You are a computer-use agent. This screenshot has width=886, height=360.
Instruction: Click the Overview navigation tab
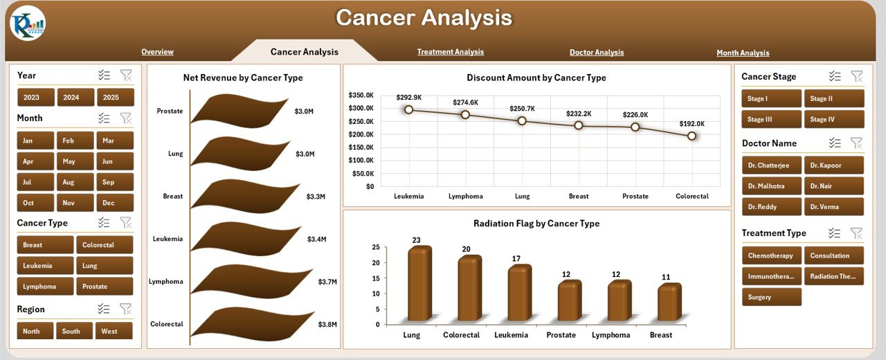157,52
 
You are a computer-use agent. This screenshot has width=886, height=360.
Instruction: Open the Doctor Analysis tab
596,53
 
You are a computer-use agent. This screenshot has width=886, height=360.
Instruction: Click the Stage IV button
833,119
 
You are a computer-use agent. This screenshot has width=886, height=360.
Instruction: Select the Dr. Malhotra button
771,186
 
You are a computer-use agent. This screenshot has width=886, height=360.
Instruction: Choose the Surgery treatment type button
771,297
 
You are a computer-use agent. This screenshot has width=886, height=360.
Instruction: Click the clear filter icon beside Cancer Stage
856,76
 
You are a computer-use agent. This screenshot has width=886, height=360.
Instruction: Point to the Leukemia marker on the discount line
408,109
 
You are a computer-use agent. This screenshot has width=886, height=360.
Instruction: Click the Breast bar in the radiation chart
669,303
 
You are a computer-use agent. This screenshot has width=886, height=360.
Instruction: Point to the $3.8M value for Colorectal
327,324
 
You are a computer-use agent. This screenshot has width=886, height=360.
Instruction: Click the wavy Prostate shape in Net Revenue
239,111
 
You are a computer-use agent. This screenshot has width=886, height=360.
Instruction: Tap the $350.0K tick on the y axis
361,95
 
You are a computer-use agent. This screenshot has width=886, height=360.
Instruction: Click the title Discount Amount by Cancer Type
536,78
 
